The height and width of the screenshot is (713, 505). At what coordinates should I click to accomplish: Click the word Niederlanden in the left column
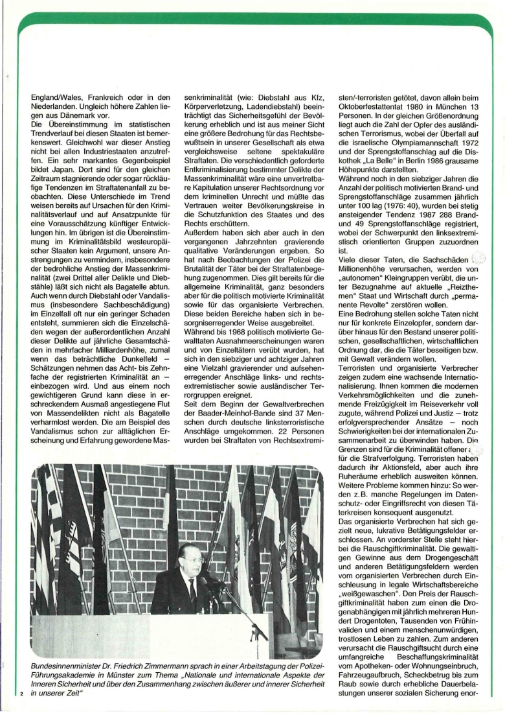(59, 107)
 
